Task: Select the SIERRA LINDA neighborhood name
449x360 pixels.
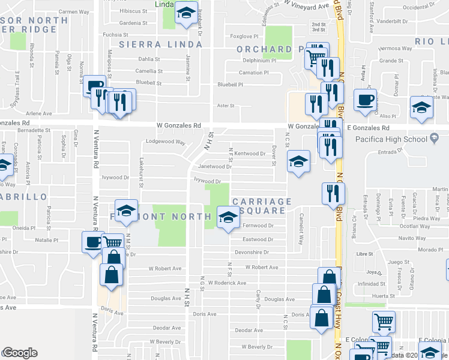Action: click(x=160, y=44)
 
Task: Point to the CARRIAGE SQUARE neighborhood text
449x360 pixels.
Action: click(x=262, y=206)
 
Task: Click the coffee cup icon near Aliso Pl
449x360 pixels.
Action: click(x=364, y=100)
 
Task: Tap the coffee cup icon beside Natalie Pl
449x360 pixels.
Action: click(x=93, y=243)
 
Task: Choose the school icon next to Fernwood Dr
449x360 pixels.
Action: click(x=228, y=218)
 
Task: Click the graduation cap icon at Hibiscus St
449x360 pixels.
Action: click(x=186, y=12)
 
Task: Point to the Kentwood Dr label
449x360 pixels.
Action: click(x=249, y=154)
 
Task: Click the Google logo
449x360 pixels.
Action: click(x=20, y=353)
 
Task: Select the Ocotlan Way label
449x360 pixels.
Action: click(x=412, y=226)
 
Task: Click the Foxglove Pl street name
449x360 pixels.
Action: click(x=244, y=36)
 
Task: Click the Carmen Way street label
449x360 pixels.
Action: click(x=74, y=11)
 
